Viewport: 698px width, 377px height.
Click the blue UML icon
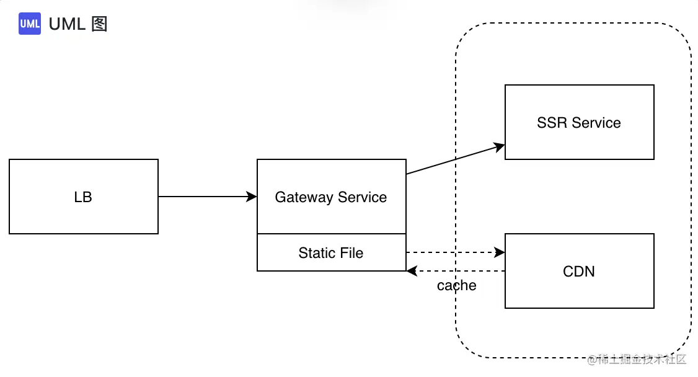click(29, 24)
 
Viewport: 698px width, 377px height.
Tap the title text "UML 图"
click(78, 24)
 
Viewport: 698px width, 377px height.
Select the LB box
click(84, 197)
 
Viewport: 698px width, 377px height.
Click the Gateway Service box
click(332, 197)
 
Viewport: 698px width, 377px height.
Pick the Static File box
click(332, 252)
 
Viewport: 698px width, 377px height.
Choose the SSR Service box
click(579, 122)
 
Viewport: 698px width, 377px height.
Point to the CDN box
click(579, 270)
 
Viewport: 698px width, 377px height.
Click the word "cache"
click(456, 285)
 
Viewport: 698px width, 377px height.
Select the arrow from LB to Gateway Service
click(208, 197)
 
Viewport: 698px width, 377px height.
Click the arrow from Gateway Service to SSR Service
click(456, 159)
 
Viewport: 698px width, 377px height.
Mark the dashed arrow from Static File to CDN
click(456, 252)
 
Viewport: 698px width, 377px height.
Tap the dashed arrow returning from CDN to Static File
click(456, 270)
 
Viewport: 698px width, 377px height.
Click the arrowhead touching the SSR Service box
click(500, 147)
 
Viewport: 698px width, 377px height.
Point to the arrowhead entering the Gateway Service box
click(252, 197)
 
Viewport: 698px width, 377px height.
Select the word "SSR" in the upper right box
click(552, 122)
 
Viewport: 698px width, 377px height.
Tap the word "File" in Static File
click(351, 253)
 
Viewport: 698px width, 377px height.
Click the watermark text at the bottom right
click(637, 359)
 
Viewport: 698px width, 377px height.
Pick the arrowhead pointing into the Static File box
click(412, 270)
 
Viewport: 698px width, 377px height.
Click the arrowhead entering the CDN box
click(500, 252)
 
